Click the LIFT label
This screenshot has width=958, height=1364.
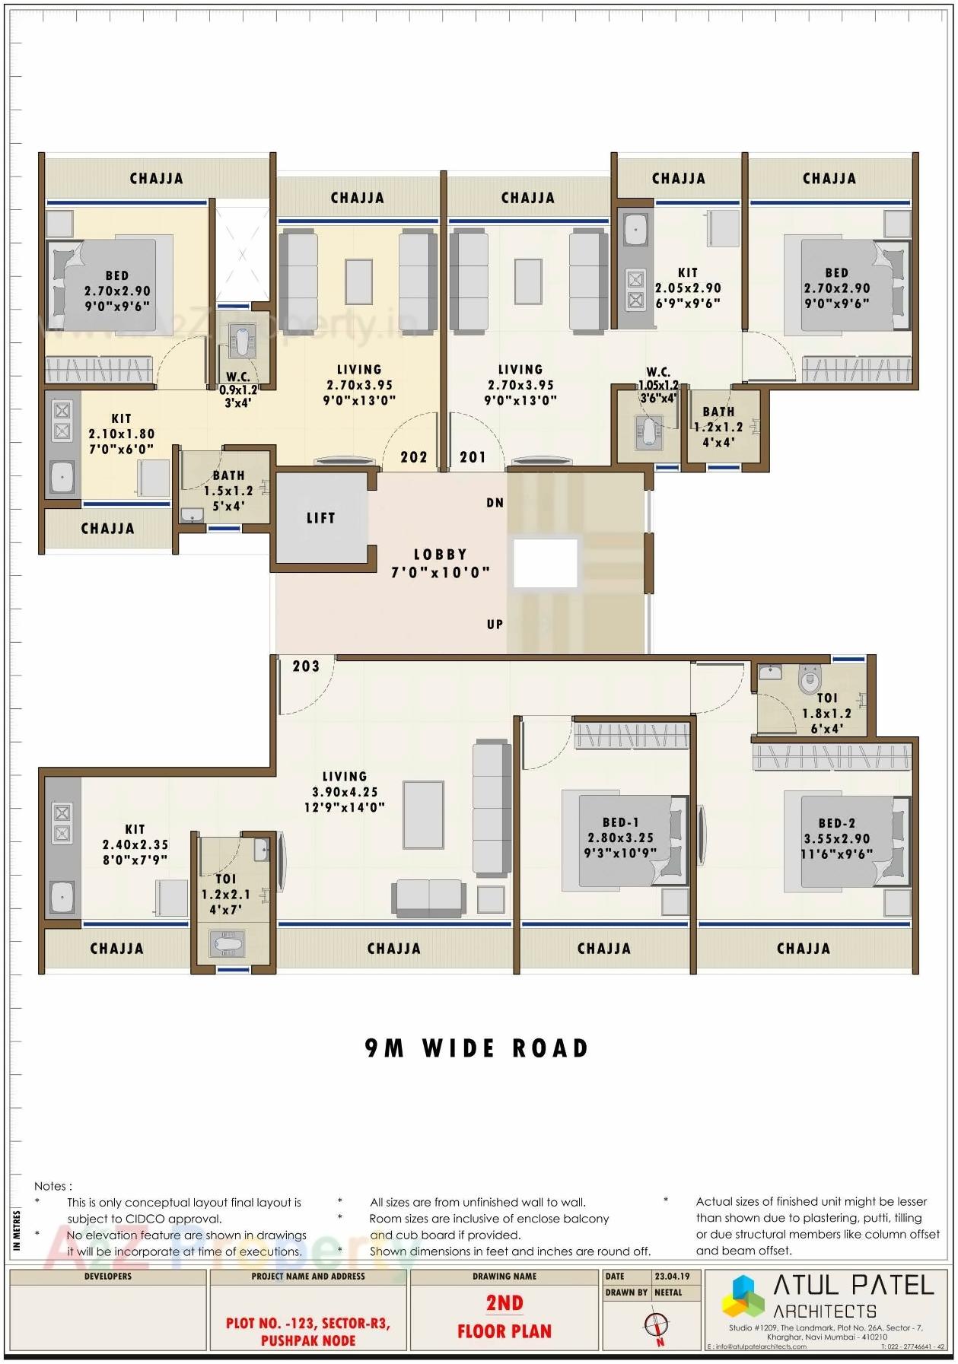pyautogui.click(x=320, y=518)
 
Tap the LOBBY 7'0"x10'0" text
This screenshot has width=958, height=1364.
pyautogui.click(x=441, y=564)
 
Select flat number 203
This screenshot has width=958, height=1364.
pyautogui.click(x=306, y=666)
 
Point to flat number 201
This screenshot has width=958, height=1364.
pyautogui.click(x=473, y=457)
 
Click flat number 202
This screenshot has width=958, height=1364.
pyautogui.click(x=414, y=457)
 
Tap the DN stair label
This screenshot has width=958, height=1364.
pyautogui.click(x=495, y=503)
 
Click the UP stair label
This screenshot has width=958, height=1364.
pyautogui.click(x=495, y=625)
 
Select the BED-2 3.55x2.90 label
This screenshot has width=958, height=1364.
pyautogui.click(x=836, y=838)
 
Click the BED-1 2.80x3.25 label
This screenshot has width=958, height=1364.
pyautogui.click(x=620, y=838)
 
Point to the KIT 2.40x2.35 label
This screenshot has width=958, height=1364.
pyautogui.click(x=135, y=844)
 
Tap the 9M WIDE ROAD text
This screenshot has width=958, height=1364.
pyautogui.click(x=477, y=1048)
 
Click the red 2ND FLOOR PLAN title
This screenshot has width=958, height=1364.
pyautogui.click(x=504, y=1317)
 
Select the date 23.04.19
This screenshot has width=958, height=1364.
pyautogui.click(x=673, y=1277)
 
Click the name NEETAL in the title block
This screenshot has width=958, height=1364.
pyautogui.click(x=669, y=1292)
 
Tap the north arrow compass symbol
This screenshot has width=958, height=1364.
pyautogui.click(x=656, y=1326)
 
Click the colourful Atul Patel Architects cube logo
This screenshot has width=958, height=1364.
pyautogui.click(x=743, y=1296)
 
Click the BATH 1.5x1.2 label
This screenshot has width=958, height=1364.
pyautogui.click(x=228, y=491)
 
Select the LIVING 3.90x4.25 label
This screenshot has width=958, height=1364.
pyautogui.click(x=345, y=792)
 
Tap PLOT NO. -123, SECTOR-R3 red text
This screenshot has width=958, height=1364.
pyautogui.click(x=308, y=1323)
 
